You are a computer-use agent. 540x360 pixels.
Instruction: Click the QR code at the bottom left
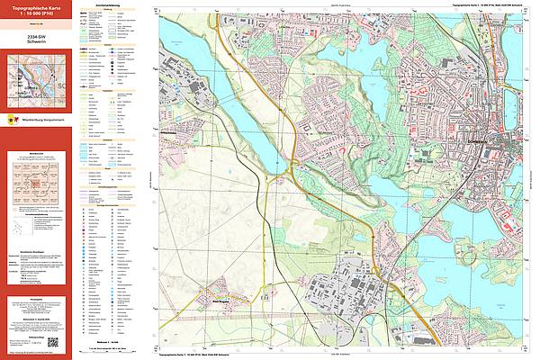[53, 343]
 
